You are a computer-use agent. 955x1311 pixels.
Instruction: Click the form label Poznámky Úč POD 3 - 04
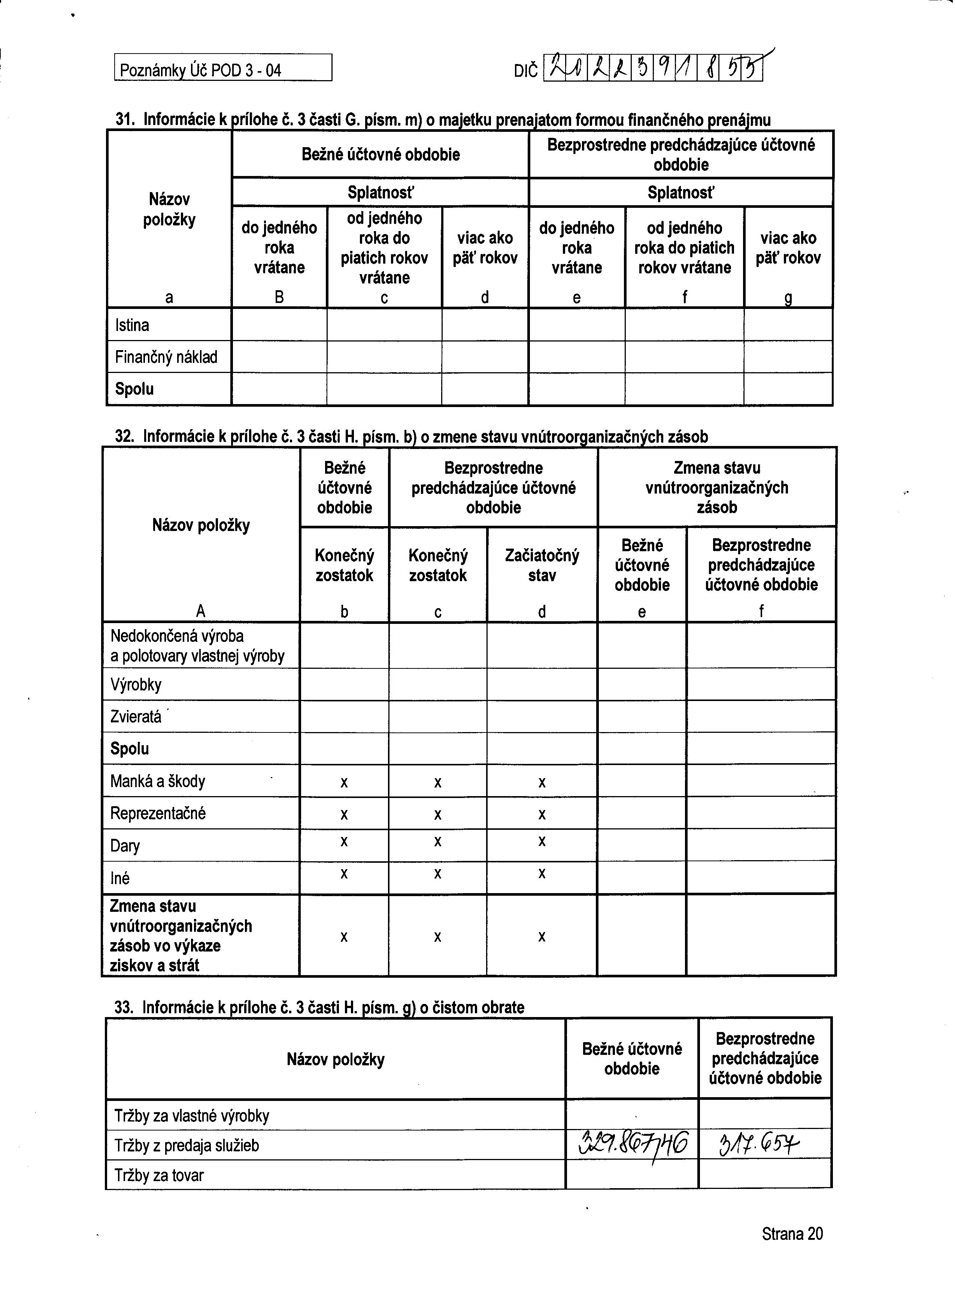pyautogui.click(x=200, y=70)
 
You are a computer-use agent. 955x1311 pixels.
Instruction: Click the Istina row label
pyautogui.click(x=132, y=325)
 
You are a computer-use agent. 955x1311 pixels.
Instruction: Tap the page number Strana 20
pyautogui.click(x=792, y=1234)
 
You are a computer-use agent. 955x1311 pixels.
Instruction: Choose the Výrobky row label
pyautogui.click(x=136, y=685)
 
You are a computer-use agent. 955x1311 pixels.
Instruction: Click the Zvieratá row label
pyautogui.click(x=136, y=717)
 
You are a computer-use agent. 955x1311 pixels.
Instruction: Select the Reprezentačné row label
pyautogui.click(x=158, y=813)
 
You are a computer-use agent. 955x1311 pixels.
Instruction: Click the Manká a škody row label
pyautogui.click(x=157, y=782)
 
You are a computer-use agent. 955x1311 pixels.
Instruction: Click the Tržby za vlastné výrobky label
pyautogui.click(x=191, y=1116)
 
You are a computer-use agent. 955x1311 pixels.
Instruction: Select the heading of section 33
pyautogui.click(x=319, y=1008)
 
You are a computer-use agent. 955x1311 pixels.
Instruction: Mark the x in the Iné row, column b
pyautogui.click(x=344, y=873)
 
